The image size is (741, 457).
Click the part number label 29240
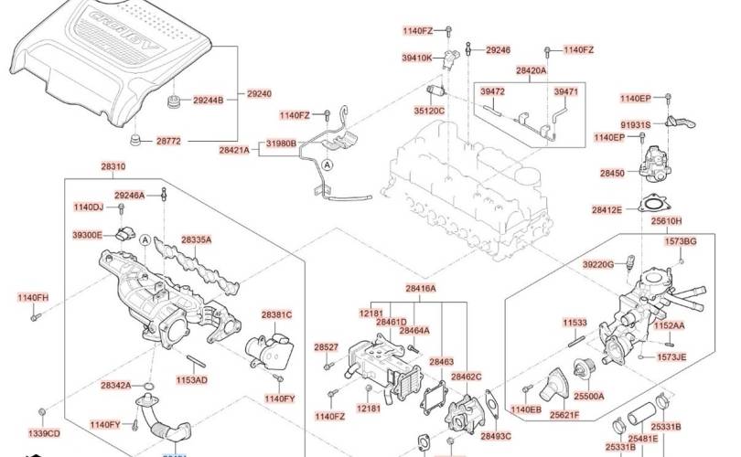pyautogui.click(x=260, y=93)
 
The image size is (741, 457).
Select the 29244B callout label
pyautogui.click(x=208, y=100)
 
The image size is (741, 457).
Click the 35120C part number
pyautogui.click(x=428, y=111)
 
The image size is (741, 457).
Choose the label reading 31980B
pyautogui.click(x=282, y=143)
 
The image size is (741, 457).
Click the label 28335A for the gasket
pyautogui.click(x=196, y=239)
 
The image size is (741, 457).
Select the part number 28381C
pyautogui.click(x=276, y=315)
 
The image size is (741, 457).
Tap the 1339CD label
pyautogui.click(x=43, y=432)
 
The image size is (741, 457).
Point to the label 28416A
pyautogui.click(x=421, y=289)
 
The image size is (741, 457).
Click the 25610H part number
pyautogui.click(x=666, y=221)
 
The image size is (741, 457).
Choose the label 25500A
pyautogui.click(x=589, y=397)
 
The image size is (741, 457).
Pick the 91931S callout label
pyautogui.click(x=636, y=124)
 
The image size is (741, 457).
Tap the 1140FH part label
pyautogui.click(x=33, y=298)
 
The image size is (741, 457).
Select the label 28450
pyautogui.click(x=612, y=172)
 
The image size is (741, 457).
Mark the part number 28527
pyautogui.click(x=327, y=347)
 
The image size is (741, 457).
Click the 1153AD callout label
pyautogui.click(x=192, y=379)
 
